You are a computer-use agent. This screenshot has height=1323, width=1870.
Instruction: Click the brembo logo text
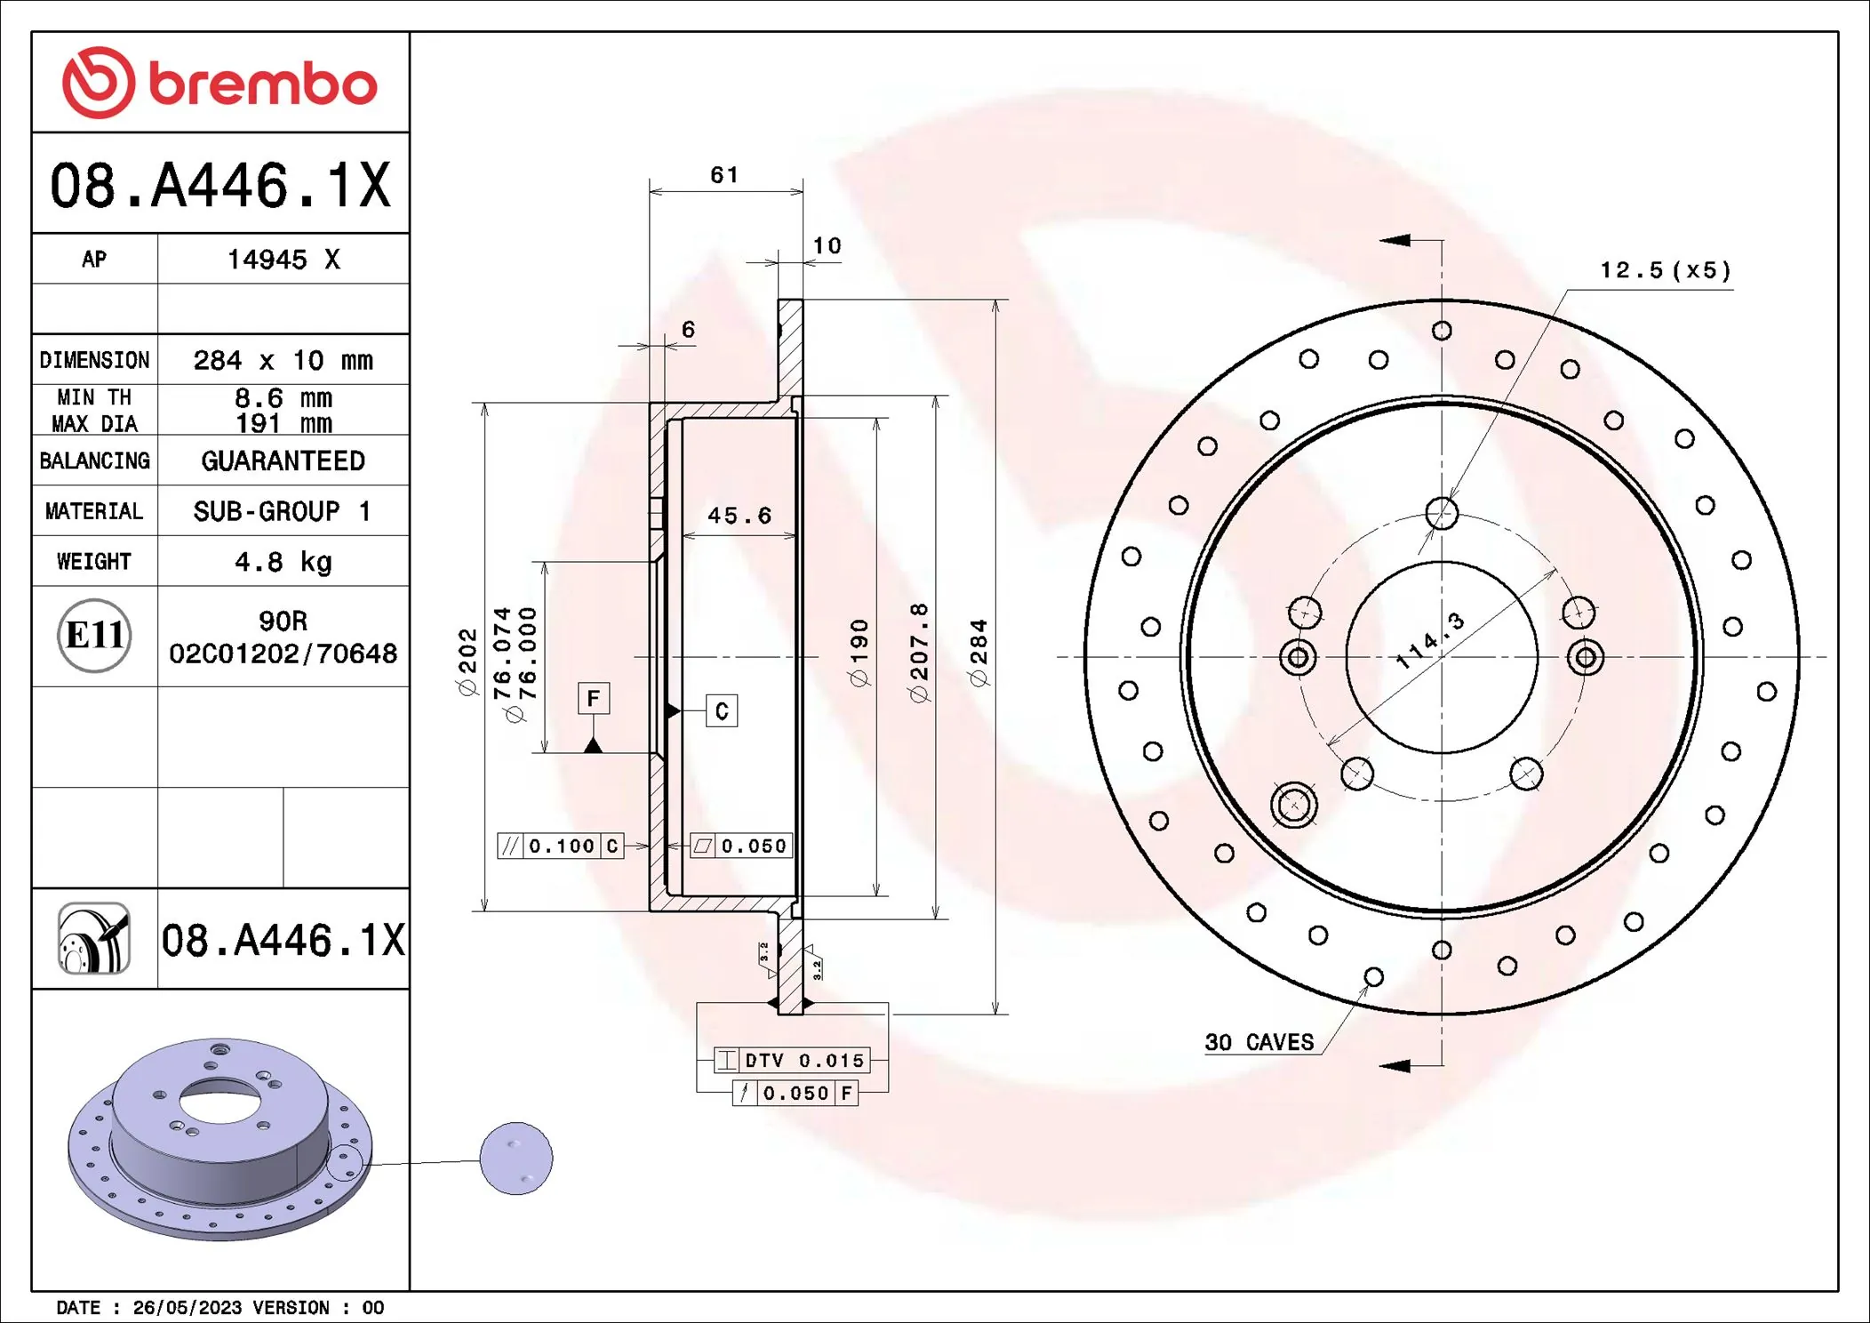pos(262,84)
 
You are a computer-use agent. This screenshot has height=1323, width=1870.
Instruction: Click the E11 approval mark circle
pos(94,635)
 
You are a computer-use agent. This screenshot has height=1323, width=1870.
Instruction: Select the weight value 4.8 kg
pos(283,562)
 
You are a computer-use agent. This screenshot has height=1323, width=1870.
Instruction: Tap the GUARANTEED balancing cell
pos(283,461)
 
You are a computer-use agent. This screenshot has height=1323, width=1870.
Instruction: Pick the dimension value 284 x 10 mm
pos(283,360)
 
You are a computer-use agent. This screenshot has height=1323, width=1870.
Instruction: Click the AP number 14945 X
pos(283,260)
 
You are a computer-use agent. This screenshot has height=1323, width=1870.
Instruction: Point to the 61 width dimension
pos(723,175)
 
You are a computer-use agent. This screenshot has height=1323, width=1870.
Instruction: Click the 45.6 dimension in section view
pos(739,516)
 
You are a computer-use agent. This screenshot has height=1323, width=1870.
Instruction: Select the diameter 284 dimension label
pos(979,653)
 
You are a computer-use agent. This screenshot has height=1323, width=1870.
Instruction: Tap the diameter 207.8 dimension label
pos(919,653)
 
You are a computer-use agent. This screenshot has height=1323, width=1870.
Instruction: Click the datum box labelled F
pos(593,698)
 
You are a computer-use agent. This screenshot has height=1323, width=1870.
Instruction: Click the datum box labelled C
pos(721,710)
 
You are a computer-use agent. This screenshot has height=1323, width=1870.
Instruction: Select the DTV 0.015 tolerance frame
pos(792,1060)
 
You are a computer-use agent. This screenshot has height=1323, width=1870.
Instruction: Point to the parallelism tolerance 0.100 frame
pos(561,846)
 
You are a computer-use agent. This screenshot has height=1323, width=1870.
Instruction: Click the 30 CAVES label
pos(1259,1042)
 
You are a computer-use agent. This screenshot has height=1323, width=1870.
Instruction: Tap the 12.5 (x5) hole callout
pos(1665,270)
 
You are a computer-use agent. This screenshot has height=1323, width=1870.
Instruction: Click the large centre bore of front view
pos(1442,685)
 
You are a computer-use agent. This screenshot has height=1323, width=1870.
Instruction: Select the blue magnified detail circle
pos(515,1159)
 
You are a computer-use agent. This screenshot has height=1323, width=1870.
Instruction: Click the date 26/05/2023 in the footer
pos(187,1307)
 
